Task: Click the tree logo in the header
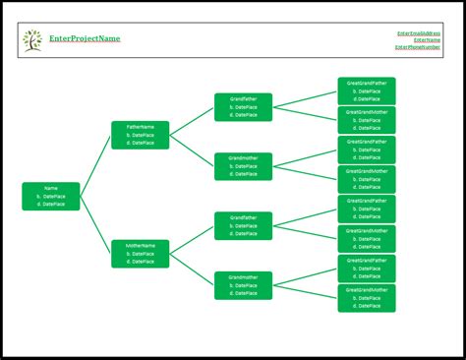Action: click(32, 39)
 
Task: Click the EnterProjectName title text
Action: click(85, 38)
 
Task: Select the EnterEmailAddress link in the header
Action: click(418, 33)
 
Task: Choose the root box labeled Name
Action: click(51, 196)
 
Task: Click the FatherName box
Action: click(141, 135)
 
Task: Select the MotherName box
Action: click(141, 254)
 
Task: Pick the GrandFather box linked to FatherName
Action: click(244, 107)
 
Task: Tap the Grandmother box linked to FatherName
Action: click(244, 166)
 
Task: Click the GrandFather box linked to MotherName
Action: click(244, 225)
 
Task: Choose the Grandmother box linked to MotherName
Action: click(244, 285)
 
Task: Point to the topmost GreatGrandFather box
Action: click(367, 90)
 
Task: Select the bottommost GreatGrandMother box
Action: click(367, 298)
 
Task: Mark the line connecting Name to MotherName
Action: click(96, 225)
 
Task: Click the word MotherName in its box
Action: click(141, 245)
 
